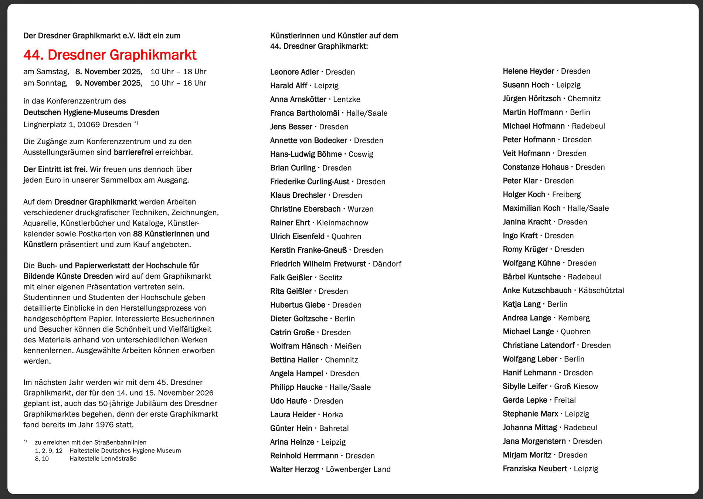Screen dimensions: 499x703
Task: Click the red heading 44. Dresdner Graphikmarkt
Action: click(110, 55)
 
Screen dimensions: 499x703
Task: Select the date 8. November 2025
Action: click(108, 72)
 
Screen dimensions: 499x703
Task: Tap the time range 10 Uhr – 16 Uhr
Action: click(178, 83)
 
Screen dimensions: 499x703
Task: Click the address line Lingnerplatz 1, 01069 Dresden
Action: click(77, 125)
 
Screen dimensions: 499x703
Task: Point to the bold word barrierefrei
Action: click(133, 152)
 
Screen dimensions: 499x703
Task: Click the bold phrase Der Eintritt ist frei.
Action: click(55, 169)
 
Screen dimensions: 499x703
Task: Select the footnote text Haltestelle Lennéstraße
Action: click(103, 459)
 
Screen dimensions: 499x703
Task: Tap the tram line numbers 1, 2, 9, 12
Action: click(49, 451)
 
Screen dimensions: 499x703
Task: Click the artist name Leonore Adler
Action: click(294, 72)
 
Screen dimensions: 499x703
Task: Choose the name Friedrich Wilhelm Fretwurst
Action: click(318, 264)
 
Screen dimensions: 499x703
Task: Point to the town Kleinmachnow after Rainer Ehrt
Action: click(342, 223)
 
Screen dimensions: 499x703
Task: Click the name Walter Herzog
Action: click(295, 469)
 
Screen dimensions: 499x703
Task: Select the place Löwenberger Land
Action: click(358, 469)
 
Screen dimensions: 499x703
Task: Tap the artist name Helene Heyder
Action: click(528, 71)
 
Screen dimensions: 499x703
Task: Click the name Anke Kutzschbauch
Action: click(537, 291)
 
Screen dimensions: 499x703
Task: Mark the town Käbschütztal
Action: click(601, 291)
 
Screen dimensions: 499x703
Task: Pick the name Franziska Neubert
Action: click(534, 469)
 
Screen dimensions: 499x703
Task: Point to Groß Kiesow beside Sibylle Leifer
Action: click(576, 387)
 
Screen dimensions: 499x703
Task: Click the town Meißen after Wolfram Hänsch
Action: click(348, 346)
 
